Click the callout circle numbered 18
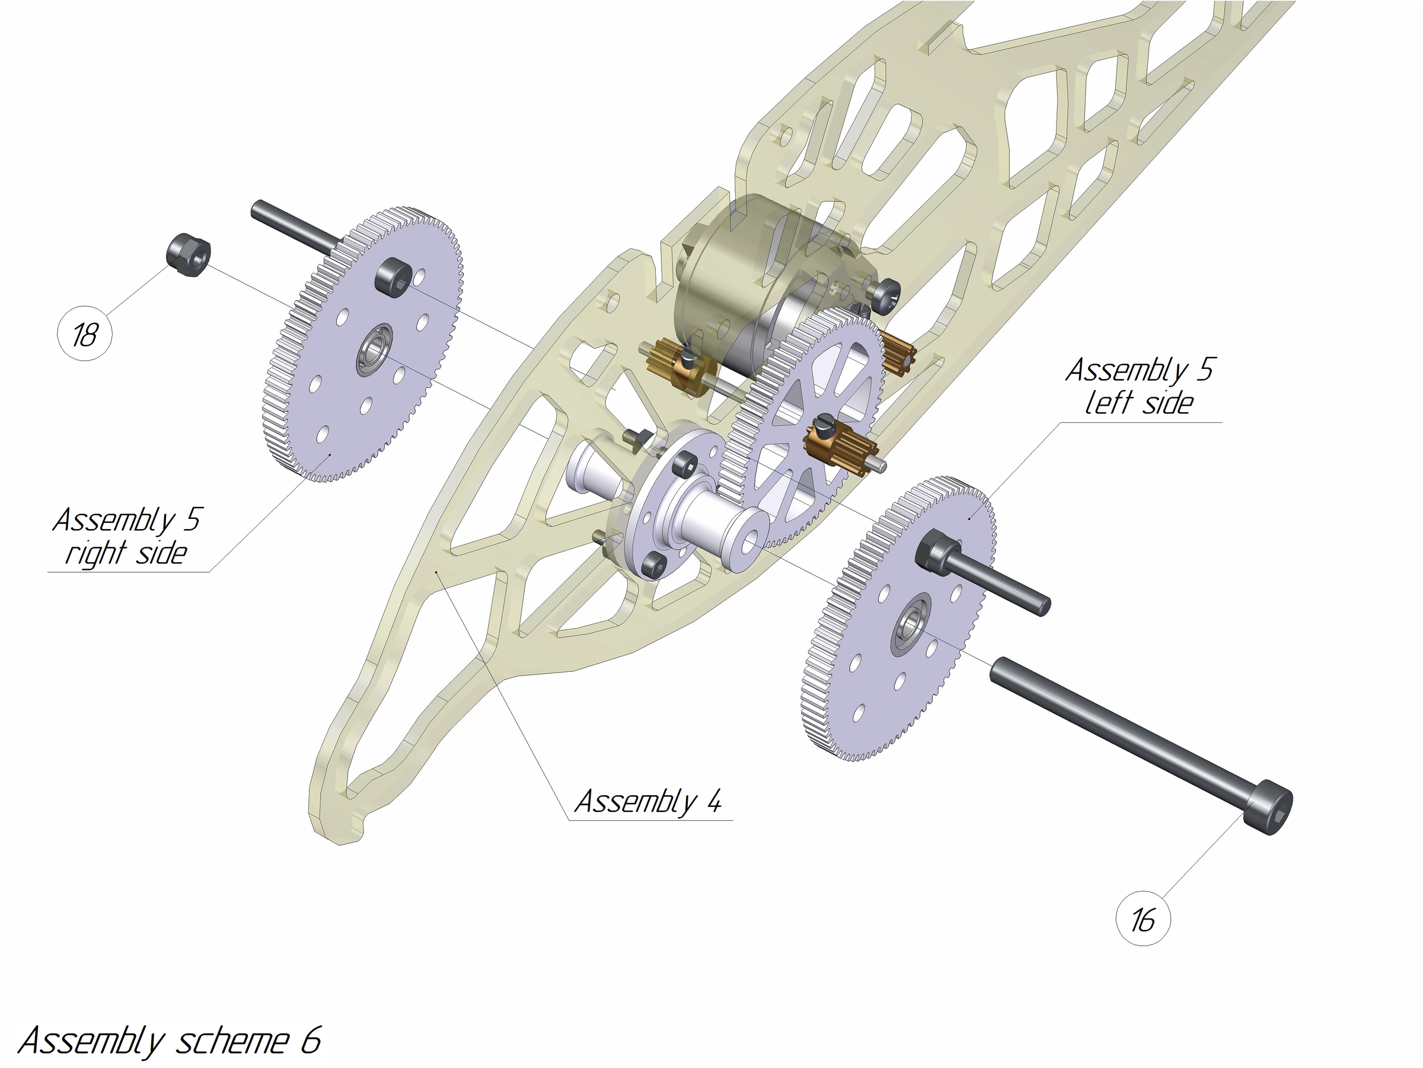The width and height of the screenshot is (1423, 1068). click(84, 334)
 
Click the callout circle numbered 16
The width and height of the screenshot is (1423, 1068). click(1143, 918)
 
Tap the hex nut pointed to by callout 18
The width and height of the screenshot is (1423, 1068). click(189, 256)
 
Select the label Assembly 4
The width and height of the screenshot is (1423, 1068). click(648, 802)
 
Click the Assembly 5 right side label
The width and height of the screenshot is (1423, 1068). click(126, 537)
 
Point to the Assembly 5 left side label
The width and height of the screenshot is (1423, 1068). click(1138, 387)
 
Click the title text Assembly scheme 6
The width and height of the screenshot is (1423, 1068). click(168, 1040)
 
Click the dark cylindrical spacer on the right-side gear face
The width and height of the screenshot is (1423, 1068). click(393, 278)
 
